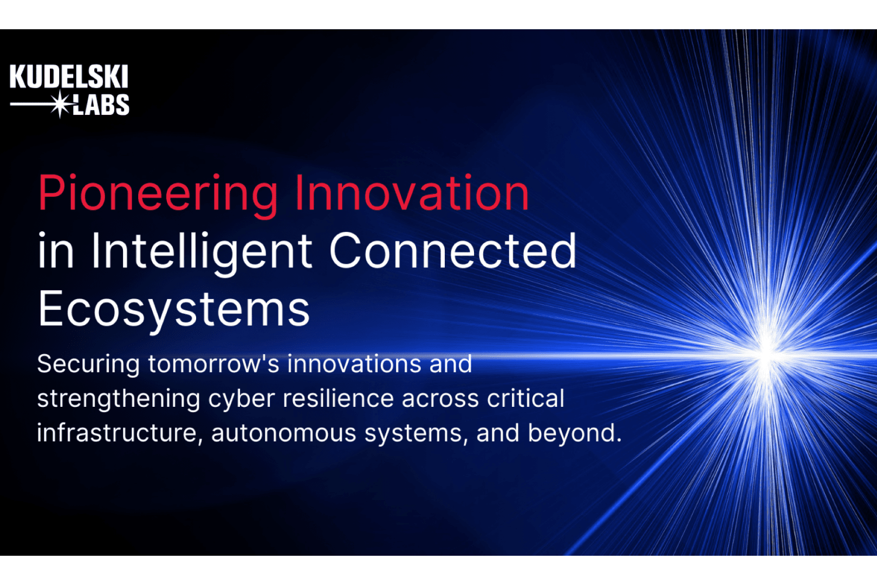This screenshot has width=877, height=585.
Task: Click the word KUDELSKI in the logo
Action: pos(69,76)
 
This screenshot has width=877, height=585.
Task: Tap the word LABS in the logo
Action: pos(101,105)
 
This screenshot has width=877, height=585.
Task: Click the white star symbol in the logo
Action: pos(60,104)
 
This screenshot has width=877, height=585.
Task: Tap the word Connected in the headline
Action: pos(453,251)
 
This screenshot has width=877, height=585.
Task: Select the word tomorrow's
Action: pos(214,364)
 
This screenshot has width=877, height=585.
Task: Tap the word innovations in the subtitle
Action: pos(354,363)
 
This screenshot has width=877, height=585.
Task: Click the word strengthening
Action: pos(119,399)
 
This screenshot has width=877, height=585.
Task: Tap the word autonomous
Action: pos(284,433)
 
